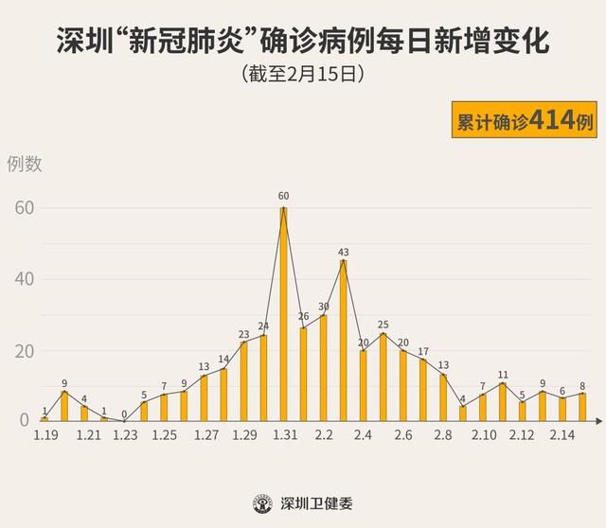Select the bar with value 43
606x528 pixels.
click(343, 341)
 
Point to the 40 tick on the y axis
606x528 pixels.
click(24, 279)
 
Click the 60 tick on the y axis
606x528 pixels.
click(24, 207)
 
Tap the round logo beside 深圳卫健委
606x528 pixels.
click(261, 502)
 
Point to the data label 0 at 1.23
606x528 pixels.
click(124, 413)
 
